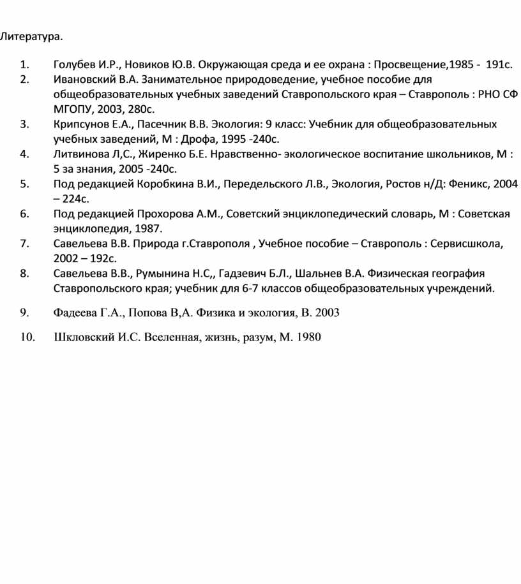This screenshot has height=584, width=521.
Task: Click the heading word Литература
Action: pyautogui.click(x=31, y=36)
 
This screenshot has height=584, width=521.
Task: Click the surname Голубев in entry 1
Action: pyautogui.click(x=75, y=65)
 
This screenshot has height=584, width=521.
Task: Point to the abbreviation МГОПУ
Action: pyautogui.click(x=73, y=109)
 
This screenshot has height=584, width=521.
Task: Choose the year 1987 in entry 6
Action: pyautogui.click(x=148, y=228)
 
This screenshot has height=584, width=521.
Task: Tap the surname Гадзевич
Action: pyautogui.click(x=243, y=274)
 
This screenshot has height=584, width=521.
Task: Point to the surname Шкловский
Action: pyautogui.click(x=84, y=337)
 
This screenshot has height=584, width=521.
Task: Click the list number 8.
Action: pyautogui.click(x=24, y=274)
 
